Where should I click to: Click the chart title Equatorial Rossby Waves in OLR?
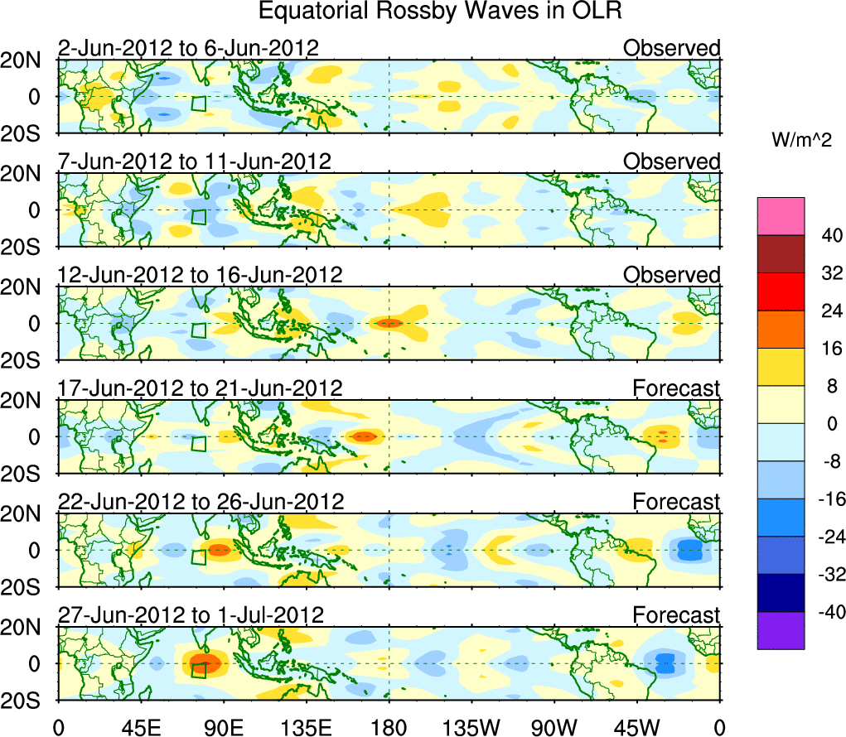click(x=440, y=12)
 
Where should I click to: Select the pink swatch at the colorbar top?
click(x=780, y=216)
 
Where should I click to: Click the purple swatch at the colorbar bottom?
click(x=780, y=630)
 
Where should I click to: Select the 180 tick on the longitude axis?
click(x=389, y=727)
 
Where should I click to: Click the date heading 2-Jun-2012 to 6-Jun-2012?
click(x=188, y=48)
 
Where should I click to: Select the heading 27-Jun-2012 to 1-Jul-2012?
click(x=191, y=614)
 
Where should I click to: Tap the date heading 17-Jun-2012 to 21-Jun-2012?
click(x=200, y=388)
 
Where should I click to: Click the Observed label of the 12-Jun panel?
click(x=672, y=275)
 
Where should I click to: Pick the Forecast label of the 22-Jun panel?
click(x=677, y=501)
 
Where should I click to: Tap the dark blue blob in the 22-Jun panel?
click(x=691, y=549)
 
